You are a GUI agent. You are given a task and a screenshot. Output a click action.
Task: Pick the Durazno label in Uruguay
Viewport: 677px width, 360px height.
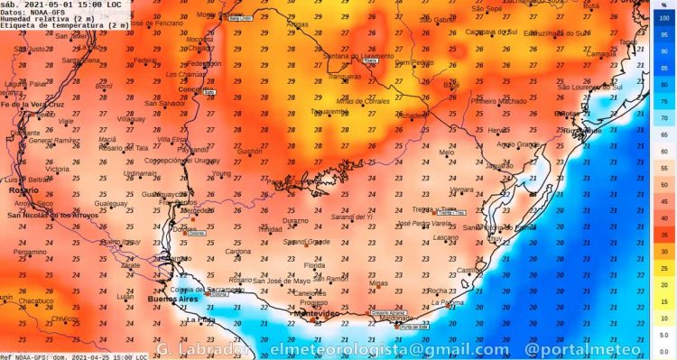tap(295, 220)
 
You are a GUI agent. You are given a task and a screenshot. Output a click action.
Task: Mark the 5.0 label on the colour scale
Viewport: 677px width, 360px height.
tap(664, 335)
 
